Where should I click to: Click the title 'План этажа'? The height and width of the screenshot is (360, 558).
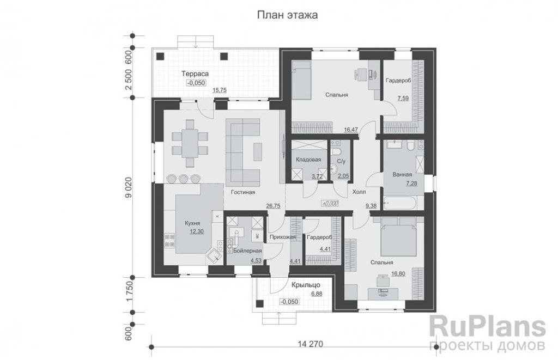[287, 15]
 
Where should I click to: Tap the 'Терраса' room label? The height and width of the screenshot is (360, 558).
[195, 74]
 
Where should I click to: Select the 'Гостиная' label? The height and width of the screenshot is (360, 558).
[242, 192]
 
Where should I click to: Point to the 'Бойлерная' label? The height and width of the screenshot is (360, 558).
[247, 251]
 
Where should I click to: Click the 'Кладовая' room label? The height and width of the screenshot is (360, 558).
[308, 160]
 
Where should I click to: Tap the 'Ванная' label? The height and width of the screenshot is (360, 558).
[402, 174]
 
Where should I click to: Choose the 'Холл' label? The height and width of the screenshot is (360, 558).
[359, 192]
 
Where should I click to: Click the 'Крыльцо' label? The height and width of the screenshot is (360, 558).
[306, 285]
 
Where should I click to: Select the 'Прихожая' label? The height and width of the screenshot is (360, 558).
[283, 237]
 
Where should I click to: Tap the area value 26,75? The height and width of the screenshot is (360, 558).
[274, 205]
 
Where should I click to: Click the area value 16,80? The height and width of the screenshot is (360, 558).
[398, 273]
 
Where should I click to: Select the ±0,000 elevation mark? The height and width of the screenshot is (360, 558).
[330, 204]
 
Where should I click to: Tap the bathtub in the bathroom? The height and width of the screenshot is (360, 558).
[403, 203]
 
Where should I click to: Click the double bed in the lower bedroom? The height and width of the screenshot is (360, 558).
[398, 236]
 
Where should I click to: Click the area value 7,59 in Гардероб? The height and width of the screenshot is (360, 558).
[403, 98]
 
